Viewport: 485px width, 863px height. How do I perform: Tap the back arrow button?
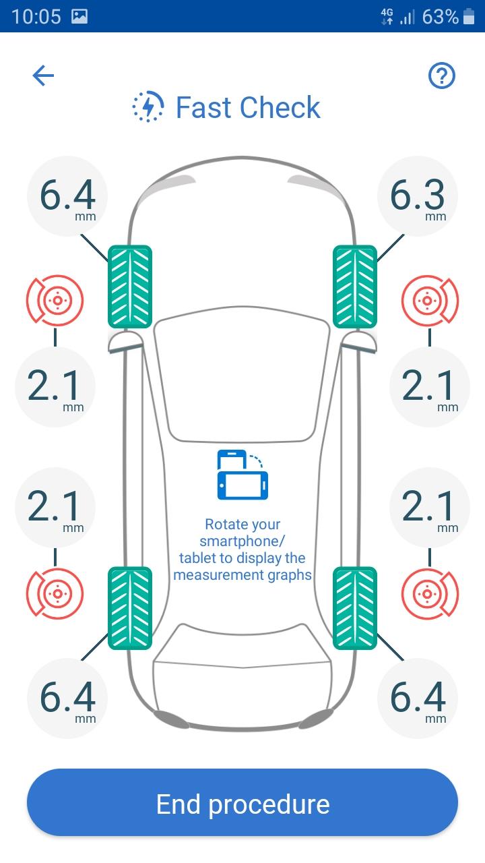pyautogui.click(x=43, y=75)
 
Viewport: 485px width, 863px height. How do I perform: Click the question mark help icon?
pyautogui.click(x=441, y=76)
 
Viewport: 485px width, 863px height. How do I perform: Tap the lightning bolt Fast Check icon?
pyautogui.click(x=148, y=107)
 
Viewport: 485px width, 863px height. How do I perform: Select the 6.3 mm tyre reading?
pyautogui.click(x=418, y=196)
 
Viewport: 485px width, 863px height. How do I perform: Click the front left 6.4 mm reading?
pyautogui.click(x=67, y=196)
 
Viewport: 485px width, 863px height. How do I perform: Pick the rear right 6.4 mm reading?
pyautogui.click(x=418, y=698)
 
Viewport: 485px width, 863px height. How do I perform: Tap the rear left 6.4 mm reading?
pyautogui.click(x=67, y=698)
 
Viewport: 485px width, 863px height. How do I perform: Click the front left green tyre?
pyautogui.click(x=130, y=287)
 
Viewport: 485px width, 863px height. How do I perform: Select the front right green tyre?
pyautogui.click(x=355, y=287)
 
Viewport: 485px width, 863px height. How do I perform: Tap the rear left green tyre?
pyautogui.click(x=130, y=608)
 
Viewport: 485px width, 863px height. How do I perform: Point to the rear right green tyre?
pyautogui.click(x=355, y=608)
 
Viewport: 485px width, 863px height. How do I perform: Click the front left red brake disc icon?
pyautogui.click(x=55, y=300)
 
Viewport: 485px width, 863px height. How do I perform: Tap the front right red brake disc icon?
pyautogui.click(x=430, y=300)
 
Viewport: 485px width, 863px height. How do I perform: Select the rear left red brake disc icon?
pyautogui.click(x=55, y=594)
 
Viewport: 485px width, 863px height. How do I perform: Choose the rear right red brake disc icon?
pyautogui.click(x=430, y=594)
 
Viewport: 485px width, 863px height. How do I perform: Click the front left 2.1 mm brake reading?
pyautogui.click(x=55, y=387)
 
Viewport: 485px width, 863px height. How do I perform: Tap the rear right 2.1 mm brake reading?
pyautogui.click(x=430, y=508)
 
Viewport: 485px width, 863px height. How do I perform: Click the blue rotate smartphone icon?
pyautogui.click(x=243, y=475)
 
